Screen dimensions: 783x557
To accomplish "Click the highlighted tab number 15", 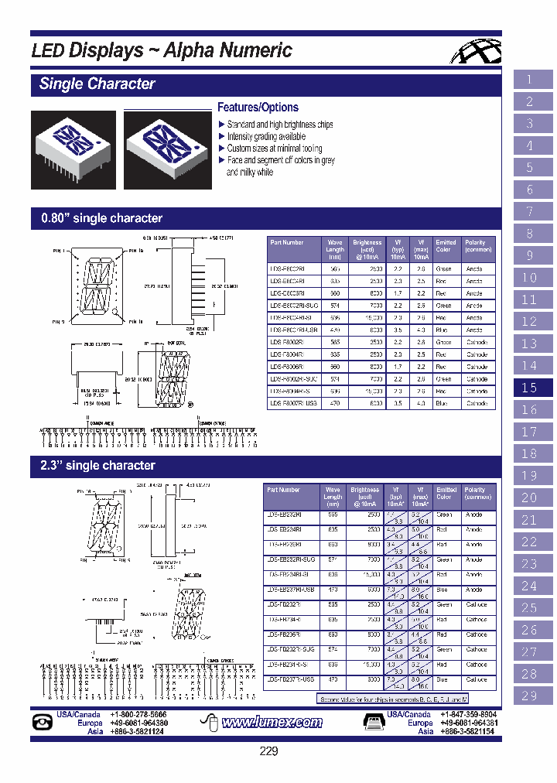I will [530, 388].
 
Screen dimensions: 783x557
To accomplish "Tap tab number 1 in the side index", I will [530, 80].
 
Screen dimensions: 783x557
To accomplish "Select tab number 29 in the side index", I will [530, 696].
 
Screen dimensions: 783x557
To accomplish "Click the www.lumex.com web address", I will [272, 723].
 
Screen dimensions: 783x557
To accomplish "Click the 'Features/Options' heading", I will [258, 108].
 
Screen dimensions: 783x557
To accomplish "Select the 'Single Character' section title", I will [97, 84].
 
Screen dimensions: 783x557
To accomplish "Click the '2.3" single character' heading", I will [97, 466].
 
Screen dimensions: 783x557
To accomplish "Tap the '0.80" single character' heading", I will [101, 219].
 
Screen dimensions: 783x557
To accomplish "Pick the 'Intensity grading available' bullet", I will [265, 137].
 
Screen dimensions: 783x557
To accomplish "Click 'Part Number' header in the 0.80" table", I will [287, 242].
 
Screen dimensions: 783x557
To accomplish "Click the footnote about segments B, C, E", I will [406, 699].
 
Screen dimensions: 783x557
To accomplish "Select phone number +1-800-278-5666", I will [138, 715].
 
